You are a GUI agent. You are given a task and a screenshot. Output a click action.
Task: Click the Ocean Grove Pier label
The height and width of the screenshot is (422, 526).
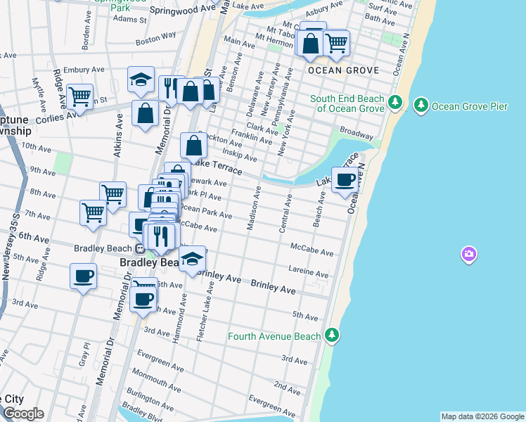pyautogui.click(x=470, y=106)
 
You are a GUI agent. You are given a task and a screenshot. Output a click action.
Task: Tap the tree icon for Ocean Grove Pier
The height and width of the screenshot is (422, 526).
pyautogui.click(x=421, y=105)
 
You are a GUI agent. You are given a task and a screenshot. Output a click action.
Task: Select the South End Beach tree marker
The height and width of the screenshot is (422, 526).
pyautogui.click(x=394, y=103)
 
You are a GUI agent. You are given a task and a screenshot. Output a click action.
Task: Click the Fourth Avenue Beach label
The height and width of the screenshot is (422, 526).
pyautogui.click(x=274, y=336)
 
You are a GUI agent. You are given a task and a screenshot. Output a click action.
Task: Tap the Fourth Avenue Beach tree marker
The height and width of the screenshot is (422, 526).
pyautogui.click(x=331, y=335)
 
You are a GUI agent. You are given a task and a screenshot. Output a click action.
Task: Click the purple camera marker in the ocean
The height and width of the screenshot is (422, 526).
pyautogui.click(x=468, y=254)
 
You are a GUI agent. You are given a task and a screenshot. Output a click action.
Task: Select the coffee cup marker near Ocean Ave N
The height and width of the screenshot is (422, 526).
pyautogui.click(x=345, y=179)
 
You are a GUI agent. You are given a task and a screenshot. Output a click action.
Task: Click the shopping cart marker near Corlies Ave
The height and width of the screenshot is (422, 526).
pyautogui.click(x=80, y=96)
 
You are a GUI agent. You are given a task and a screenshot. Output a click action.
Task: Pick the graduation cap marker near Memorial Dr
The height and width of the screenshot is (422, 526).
pyautogui.click(x=141, y=79)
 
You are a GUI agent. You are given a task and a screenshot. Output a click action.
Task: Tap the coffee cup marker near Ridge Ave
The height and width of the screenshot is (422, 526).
pyautogui.click(x=83, y=276)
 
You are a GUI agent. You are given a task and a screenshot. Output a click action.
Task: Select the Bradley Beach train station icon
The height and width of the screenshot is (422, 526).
pyautogui.click(x=141, y=248)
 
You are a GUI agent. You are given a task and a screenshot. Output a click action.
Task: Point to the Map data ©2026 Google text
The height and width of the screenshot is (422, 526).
pyautogui.click(x=482, y=416)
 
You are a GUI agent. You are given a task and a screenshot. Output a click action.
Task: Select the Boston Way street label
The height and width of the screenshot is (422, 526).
pyautogui.click(x=155, y=37)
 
